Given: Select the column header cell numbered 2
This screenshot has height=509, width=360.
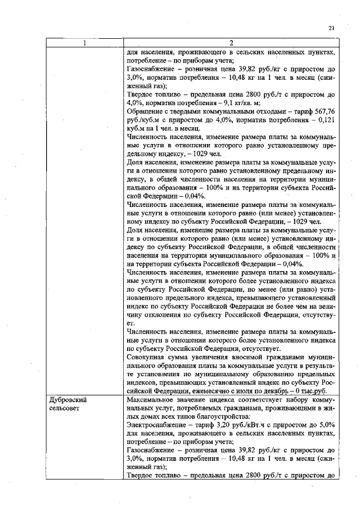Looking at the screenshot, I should tap(231, 44).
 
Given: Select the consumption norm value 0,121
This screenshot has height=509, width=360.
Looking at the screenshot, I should tap(327, 120).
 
